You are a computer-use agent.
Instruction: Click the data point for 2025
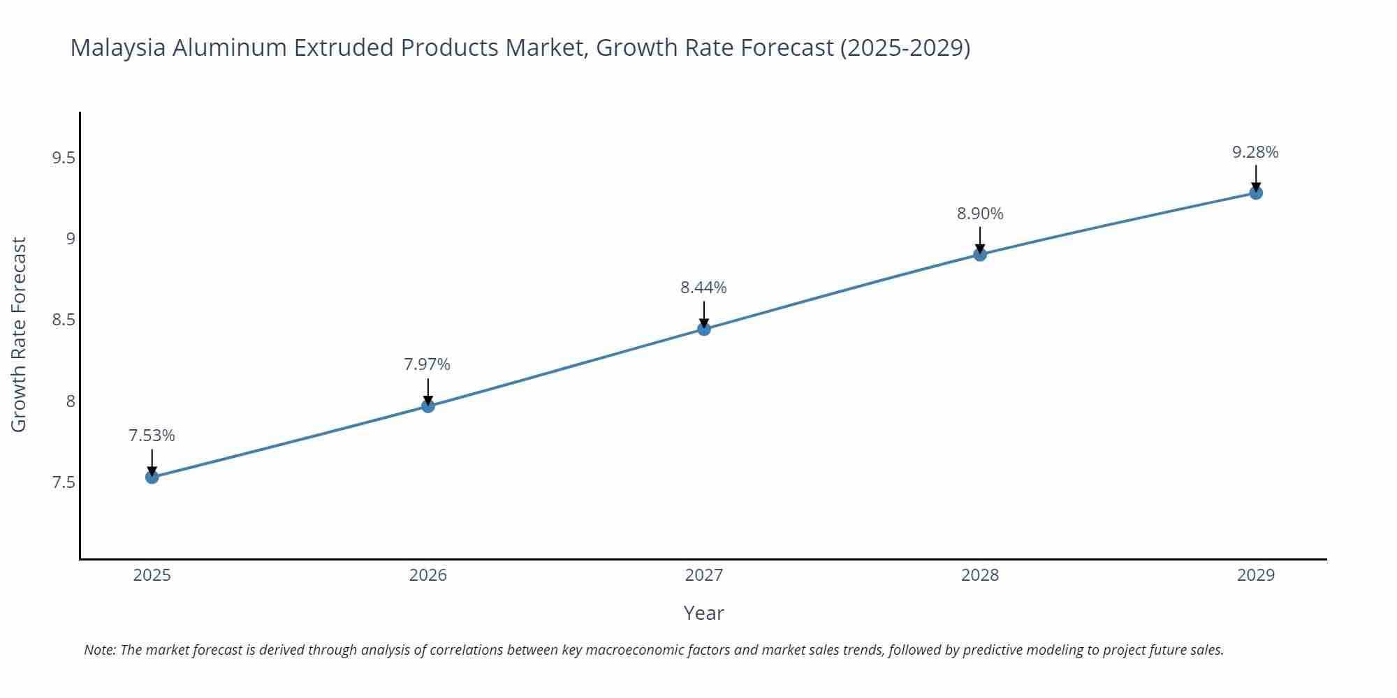click(152, 477)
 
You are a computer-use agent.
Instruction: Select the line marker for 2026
click(428, 406)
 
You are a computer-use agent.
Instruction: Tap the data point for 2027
click(704, 329)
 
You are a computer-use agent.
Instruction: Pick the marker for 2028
click(980, 255)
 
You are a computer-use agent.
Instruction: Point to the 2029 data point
click(1256, 193)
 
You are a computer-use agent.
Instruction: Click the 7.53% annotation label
click(152, 436)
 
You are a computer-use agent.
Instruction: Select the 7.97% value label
click(427, 364)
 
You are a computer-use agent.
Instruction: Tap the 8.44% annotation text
click(703, 288)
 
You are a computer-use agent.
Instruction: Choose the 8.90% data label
click(980, 214)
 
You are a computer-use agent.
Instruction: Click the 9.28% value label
click(1255, 152)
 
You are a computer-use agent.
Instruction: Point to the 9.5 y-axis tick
click(64, 158)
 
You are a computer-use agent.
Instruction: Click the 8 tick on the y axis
click(71, 401)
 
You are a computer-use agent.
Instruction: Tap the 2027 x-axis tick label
click(704, 575)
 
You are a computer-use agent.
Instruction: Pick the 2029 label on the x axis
click(1256, 575)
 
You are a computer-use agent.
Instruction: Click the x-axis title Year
click(703, 613)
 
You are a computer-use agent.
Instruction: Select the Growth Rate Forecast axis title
click(19, 334)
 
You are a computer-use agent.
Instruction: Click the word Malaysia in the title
click(118, 47)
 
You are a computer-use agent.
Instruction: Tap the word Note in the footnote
click(98, 650)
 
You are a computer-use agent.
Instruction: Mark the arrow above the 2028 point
click(980, 239)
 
